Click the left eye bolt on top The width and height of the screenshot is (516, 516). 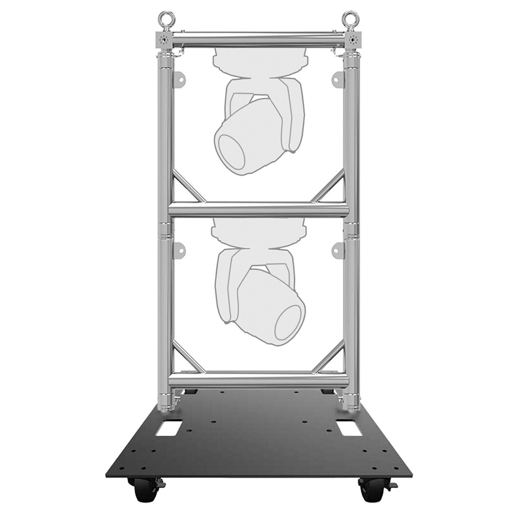click(166, 20)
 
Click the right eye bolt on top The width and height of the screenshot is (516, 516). click(350, 20)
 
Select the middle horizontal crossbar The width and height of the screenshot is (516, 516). click(258, 209)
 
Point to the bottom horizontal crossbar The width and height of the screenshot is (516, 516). click(258, 380)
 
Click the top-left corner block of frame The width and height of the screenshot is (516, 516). click(165, 40)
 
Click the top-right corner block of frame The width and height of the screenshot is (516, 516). click(352, 40)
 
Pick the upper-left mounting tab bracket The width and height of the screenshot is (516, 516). click(180, 78)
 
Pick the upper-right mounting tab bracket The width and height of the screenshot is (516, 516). click(337, 78)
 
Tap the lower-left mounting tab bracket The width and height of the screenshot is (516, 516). click(180, 250)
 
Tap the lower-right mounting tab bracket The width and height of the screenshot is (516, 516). click(337, 250)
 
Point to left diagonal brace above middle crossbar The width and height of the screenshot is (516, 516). click(188, 187)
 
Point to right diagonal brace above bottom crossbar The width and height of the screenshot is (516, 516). click(328, 357)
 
